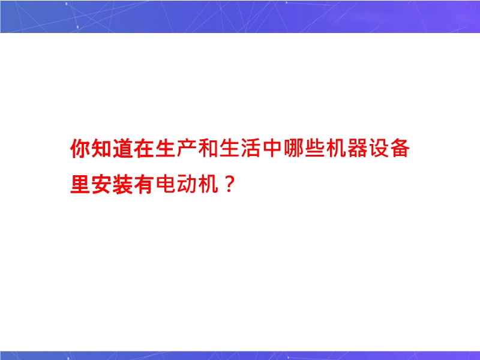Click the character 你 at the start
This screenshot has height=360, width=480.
pos(80,148)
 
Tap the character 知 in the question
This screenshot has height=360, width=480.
pos(101,148)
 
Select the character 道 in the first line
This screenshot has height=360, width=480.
pos(123,148)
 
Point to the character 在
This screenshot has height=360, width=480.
pos(144,148)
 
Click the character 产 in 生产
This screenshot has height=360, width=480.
pos(187,148)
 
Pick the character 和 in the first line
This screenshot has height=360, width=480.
pos(208,148)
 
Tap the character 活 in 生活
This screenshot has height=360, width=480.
pos(251,148)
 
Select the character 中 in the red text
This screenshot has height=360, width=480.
pos(272,148)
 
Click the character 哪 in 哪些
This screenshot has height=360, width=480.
pos(293,148)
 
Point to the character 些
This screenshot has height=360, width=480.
pos(314,148)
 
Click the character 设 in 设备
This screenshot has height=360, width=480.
pos(379,148)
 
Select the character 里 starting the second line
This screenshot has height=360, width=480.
pos(80,184)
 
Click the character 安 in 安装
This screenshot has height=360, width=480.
pos(101,184)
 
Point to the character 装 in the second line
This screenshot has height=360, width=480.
pos(123,184)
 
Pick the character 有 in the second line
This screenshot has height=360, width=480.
pos(144,184)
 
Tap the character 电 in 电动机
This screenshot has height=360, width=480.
pos(166,184)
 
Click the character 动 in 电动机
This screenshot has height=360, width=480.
pos(187,184)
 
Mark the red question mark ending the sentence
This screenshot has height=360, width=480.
pos(229,185)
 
